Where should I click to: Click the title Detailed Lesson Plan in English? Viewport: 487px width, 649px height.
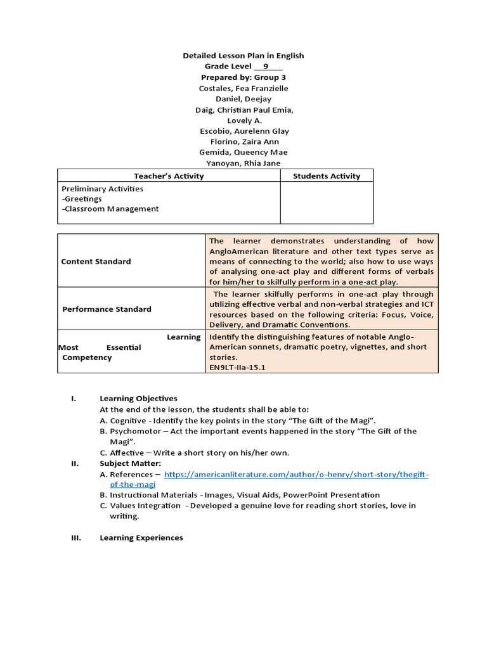point(243,56)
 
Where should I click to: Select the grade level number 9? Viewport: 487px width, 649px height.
point(266,67)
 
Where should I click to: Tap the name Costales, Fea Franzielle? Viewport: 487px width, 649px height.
point(243,88)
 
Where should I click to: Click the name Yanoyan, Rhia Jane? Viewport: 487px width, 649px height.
point(243,163)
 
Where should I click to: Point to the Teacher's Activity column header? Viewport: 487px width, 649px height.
point(169,176)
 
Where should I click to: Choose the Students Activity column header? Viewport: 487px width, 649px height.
point(327,176)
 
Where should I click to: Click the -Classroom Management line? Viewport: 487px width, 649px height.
point(110,209)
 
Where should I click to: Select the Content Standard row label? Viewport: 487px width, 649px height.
point(96,261)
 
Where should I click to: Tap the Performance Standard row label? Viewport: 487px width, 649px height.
point(107,309)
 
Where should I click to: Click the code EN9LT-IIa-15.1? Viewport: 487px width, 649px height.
point(237,367)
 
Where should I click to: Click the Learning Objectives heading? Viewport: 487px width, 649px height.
point(138,399)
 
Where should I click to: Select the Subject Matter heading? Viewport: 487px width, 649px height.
point(130,463)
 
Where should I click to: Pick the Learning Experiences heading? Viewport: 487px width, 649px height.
point(141,538)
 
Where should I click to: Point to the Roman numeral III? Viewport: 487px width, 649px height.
point(75,538)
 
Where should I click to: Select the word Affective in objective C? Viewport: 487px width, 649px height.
point(127,453)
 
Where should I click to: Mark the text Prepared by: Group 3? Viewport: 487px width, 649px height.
point(243,77)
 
